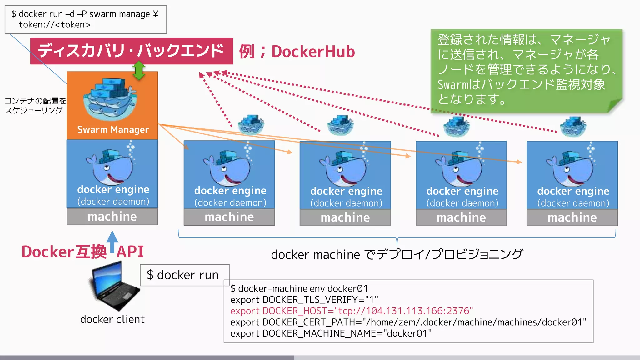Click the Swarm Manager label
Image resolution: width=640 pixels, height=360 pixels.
[113, 129]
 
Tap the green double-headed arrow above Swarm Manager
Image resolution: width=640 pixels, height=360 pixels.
[139, 70]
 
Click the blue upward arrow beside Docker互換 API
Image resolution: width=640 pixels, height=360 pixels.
[112, 242]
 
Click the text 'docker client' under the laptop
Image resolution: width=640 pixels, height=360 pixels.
[112, 319]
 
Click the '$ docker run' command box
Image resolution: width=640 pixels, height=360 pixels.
[184, 275]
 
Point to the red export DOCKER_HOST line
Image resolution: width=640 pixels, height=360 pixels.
[352, 311]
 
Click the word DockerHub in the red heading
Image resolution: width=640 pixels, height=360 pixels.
[313, 52]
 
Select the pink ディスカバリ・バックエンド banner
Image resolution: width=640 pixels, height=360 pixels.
[131, 51]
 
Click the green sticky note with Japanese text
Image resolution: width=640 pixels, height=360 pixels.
[526, 70]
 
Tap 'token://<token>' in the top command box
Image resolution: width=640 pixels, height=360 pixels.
[55, 25]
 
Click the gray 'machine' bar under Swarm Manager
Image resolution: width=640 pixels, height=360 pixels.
[112, 217]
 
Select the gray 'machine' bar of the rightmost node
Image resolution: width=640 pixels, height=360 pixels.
[572, 217]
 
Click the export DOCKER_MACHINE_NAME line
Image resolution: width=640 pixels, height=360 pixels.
[331, 333]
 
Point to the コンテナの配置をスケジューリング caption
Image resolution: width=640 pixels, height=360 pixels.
[35, 105]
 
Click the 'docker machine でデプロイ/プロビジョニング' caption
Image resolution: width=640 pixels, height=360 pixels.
[397, 254]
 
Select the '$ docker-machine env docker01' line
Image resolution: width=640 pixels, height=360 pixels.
[299, 288]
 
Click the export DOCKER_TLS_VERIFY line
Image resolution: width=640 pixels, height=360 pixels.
[304, 300]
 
